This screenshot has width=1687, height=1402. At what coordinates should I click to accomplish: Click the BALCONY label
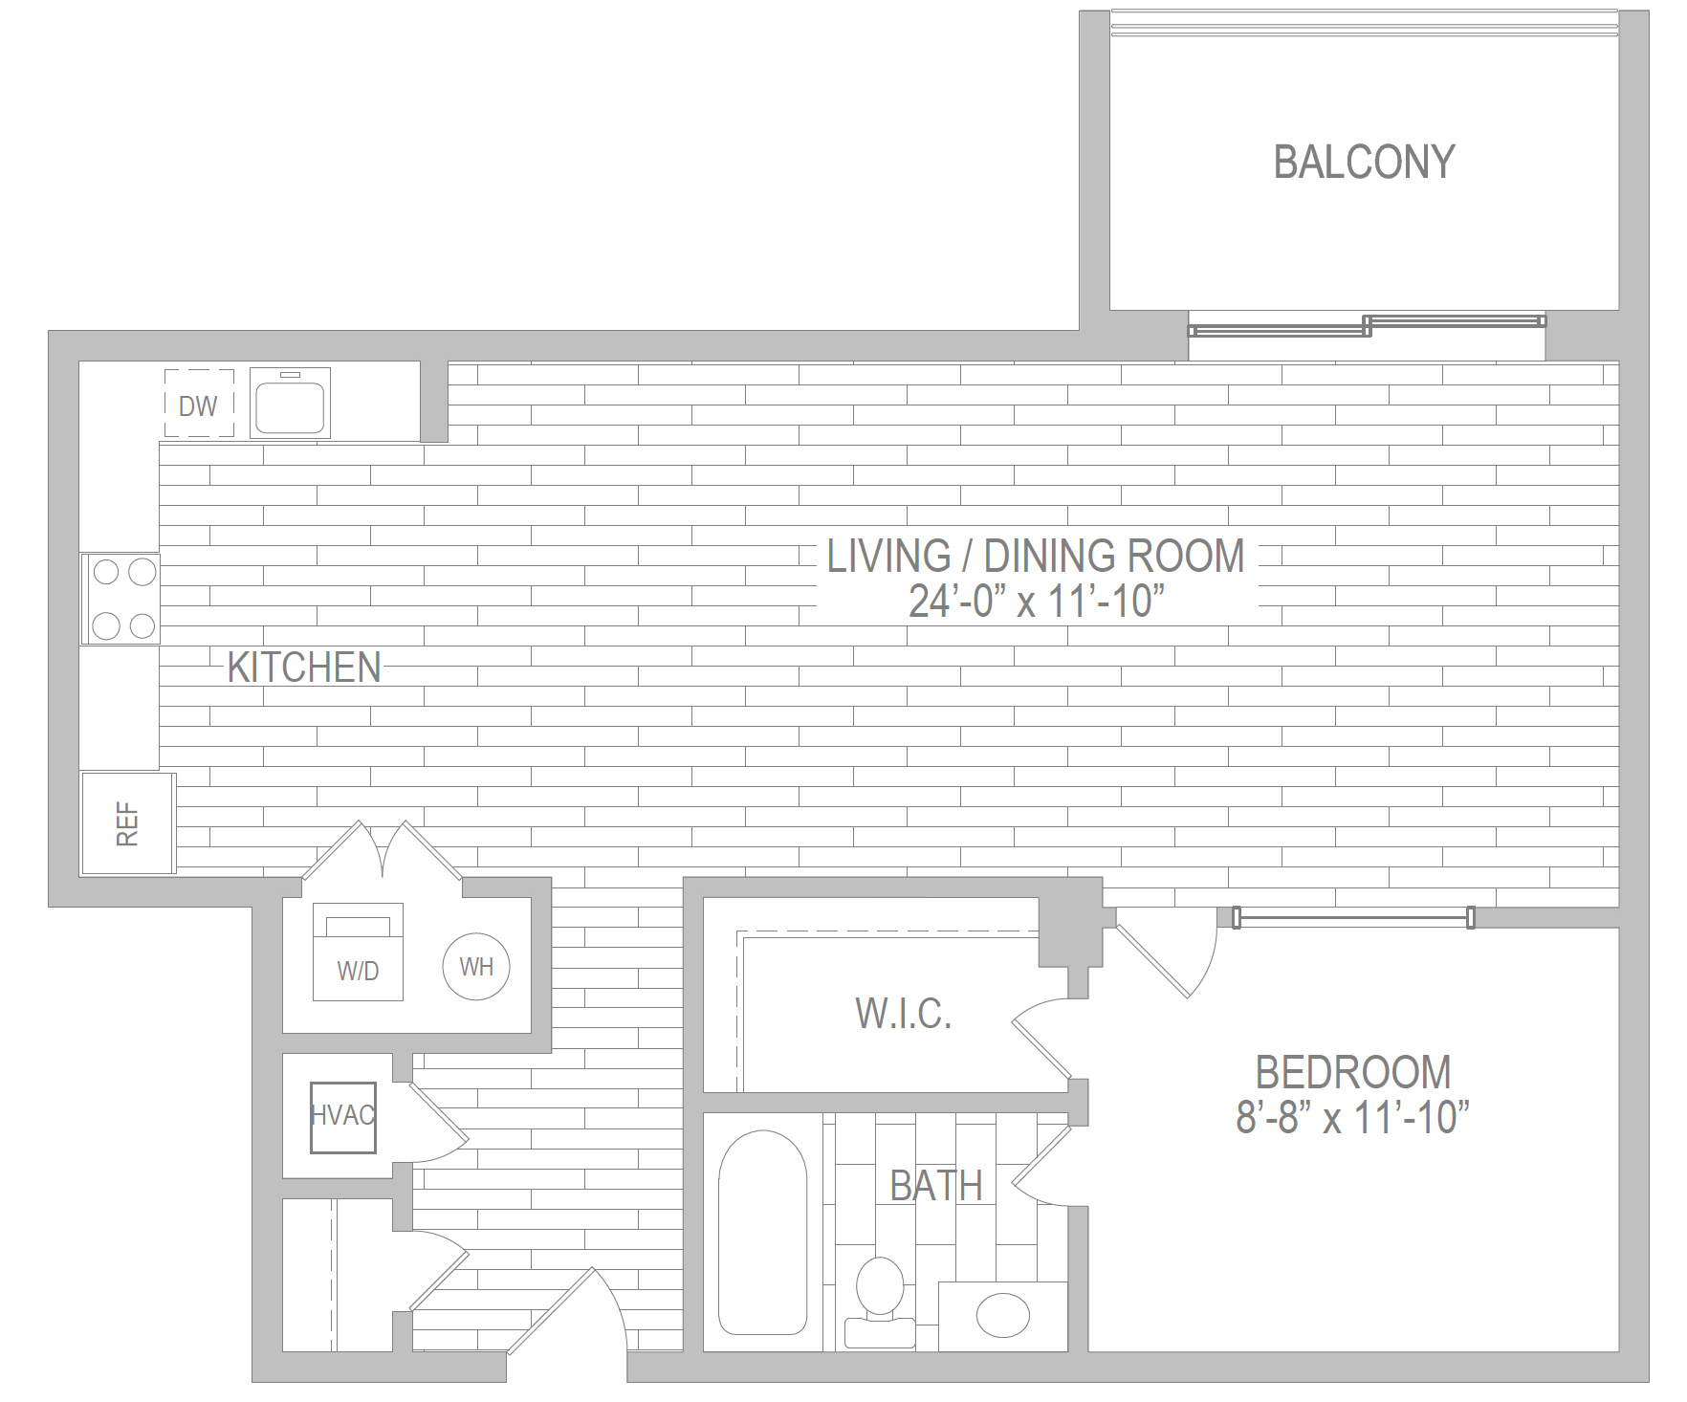pos(1364,162)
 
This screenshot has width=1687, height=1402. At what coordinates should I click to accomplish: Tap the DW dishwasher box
pos(199,405)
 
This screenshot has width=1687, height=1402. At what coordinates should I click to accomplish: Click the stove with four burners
pos(121,599)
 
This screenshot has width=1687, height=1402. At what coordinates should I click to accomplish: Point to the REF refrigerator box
pos(128,823)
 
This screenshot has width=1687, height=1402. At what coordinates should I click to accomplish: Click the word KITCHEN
pos(304,668)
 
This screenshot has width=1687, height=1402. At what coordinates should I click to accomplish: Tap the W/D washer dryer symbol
pos(359,953)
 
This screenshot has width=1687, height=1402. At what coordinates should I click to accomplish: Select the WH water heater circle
pos(476,967)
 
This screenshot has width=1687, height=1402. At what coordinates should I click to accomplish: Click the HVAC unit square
pos(342,1116)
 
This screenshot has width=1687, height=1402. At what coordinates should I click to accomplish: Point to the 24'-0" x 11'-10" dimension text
pos(1037,602)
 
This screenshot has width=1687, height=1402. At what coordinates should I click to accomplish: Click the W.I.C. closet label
pos(904,1013)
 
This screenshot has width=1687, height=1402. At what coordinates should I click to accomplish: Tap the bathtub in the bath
pos(762,1234)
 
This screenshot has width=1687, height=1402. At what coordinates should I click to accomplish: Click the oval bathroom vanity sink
pos(1003,1316)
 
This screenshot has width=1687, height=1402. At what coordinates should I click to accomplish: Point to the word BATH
pos(936,1186)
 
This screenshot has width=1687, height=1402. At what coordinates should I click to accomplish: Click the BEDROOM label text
pos(1352,1072)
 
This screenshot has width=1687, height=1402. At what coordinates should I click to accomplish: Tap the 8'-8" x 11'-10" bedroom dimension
pos(1352,1117)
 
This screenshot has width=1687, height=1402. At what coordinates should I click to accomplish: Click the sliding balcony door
pos(1366,325)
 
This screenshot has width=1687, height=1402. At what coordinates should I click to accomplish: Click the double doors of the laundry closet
pos(383,851)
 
